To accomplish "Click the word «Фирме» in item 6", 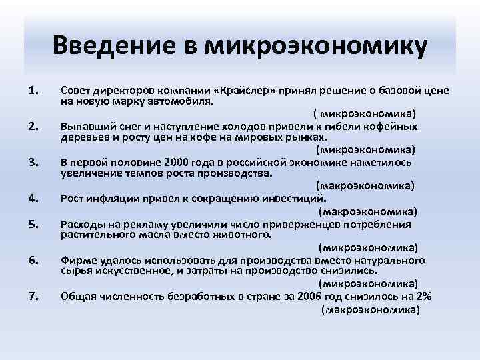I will click(77, 261).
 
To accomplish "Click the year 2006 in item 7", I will click(311, 297).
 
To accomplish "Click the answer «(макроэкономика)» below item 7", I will click(370, 311).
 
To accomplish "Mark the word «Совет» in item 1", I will click(76, 89).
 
